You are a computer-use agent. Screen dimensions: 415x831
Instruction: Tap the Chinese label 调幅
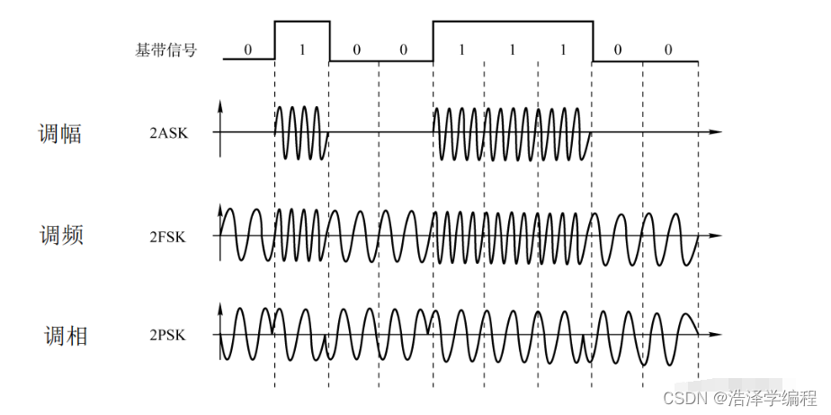coord(60,133)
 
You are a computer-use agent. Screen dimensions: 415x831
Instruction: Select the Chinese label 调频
coord(60,237)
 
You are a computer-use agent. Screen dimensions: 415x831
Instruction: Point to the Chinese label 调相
coord(66,337)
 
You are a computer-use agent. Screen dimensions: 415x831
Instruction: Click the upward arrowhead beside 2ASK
coord(221,106)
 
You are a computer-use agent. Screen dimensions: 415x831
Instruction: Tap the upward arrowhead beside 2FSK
coord(221,210)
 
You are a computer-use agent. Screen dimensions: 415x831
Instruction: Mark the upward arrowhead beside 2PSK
coord(221,309)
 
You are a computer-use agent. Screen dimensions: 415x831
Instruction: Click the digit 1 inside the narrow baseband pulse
coord(302,50)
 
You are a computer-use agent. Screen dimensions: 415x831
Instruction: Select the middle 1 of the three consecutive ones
coord(512,50)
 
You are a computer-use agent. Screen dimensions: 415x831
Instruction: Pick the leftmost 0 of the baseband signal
coord(248,50)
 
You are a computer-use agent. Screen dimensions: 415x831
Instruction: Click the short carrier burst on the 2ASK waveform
coord(301,132)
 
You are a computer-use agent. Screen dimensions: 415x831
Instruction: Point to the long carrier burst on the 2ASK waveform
coord(512,132)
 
